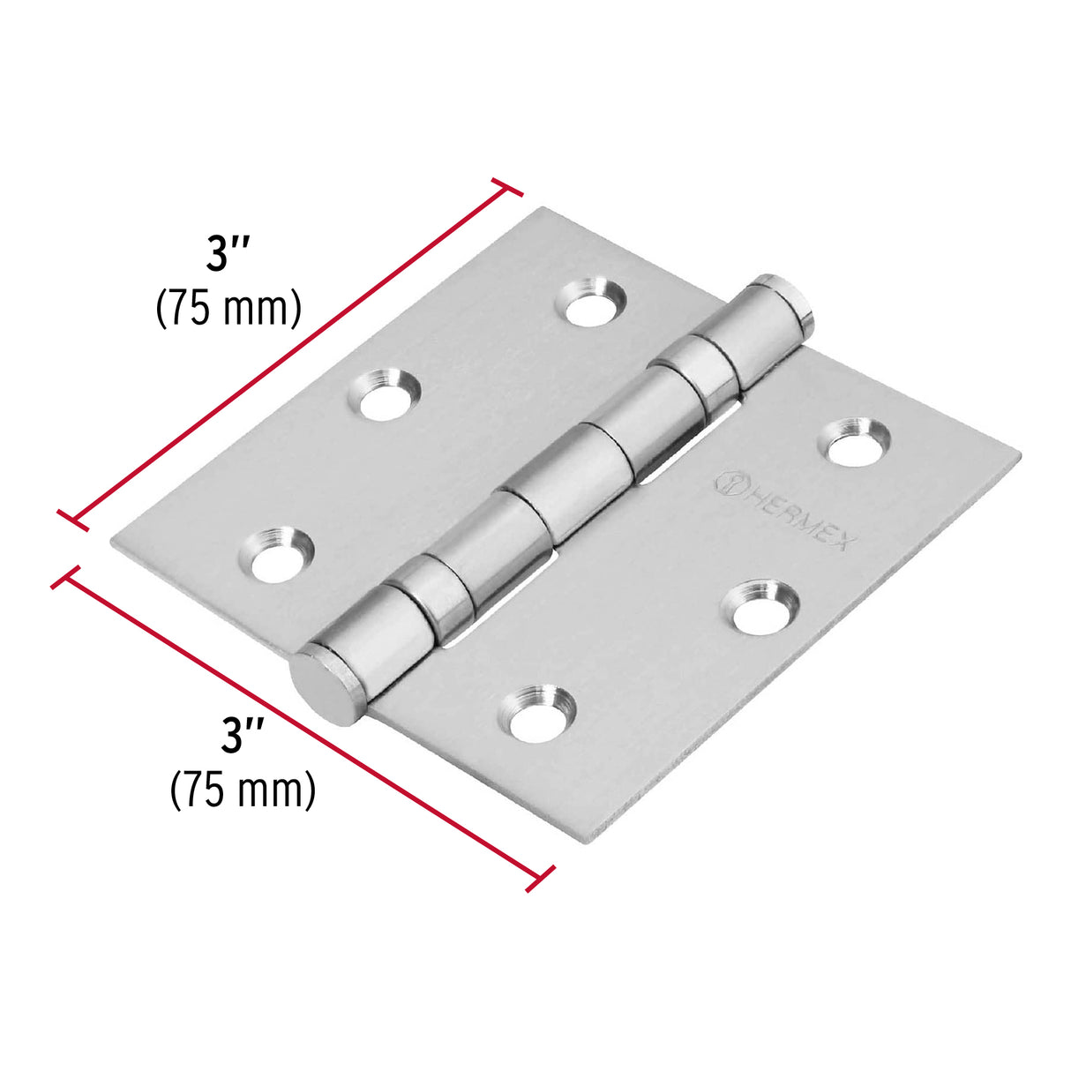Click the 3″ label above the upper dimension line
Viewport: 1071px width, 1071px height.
pos(228,254)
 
